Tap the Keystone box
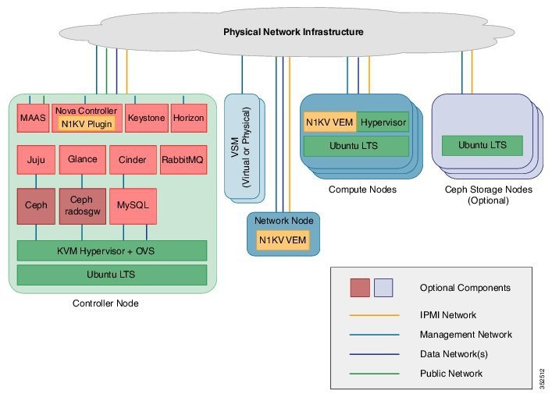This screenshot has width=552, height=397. pyautogui.click(x=147, y=118)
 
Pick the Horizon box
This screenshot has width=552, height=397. pyautogui.click(x=188, y=118)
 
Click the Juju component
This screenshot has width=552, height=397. pyautogui.click(x=35, y=160)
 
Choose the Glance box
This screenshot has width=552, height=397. pyautogui.click(x=82, y=160)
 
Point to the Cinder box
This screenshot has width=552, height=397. pyautogui.click(x=132, y=160)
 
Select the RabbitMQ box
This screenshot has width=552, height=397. pyautogui.click(x=183, y=160)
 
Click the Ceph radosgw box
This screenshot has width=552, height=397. pyautogui.click(x=82, y=205)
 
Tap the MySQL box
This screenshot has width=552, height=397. pyautogui.click(x=132, y=205)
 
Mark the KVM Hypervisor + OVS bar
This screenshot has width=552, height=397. pyautogui.click(x=112, y=250)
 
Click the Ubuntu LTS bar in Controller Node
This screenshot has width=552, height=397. pyautogui.click(x=112, y=275)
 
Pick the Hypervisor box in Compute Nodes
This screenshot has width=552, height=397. pyautogui.click(x=382, y=122)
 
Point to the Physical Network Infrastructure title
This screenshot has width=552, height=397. pyautogui.click(x=293, y=32)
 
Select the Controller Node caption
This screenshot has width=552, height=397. pyautogui.click(x=106, y=303)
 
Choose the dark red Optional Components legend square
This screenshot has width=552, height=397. pyautogui.click(x=360, y=288)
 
